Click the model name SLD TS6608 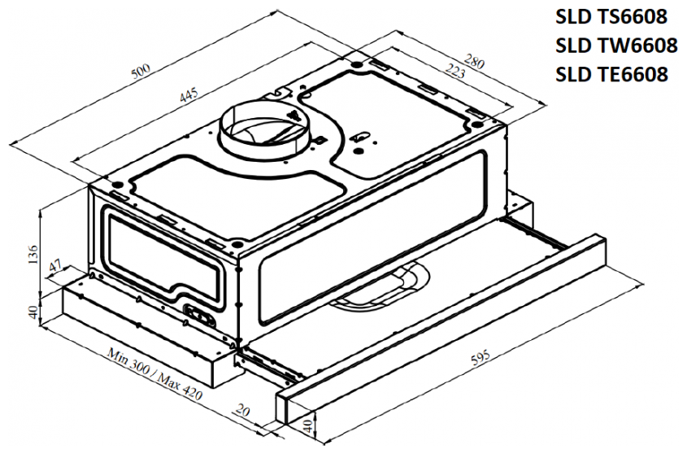point(611,16)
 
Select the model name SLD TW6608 point(616,46)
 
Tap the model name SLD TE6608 point(611,74)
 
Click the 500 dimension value point(141,72)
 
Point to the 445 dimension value point(189,96)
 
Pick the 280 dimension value point(474,61)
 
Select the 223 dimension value point(454,70)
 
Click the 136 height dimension point(33,255)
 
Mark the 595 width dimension point(480,358)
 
